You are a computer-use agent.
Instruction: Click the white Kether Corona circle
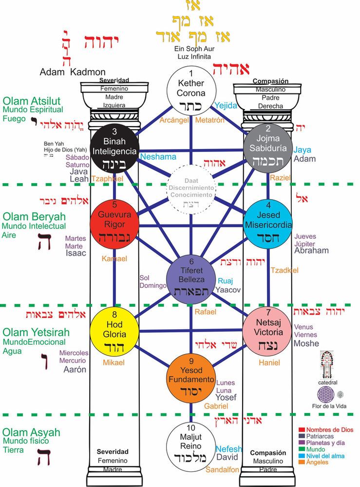[190, 90]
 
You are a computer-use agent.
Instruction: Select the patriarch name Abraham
[311, 250]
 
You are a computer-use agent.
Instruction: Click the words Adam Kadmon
[73, 72]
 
